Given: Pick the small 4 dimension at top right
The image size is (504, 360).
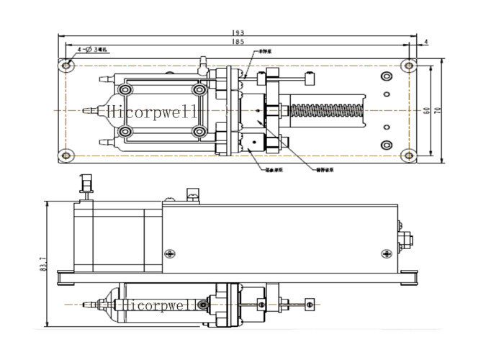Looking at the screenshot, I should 426,42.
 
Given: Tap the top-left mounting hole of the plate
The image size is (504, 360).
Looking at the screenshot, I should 67,66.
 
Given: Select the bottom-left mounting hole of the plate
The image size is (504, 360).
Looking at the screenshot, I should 67,154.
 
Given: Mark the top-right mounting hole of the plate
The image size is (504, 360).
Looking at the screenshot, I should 409,66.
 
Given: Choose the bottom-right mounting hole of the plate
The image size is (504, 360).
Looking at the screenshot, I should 409,154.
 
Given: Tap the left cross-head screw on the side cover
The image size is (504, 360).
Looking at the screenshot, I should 170,253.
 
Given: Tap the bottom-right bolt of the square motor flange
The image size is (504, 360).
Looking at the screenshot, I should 199,132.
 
